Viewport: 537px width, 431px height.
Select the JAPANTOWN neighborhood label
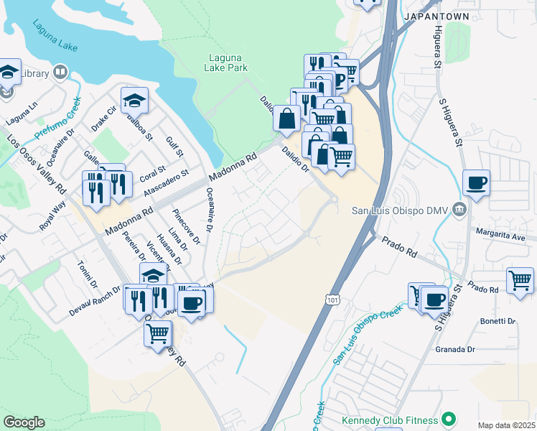point(436,16)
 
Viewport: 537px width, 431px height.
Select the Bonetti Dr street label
point(496,321)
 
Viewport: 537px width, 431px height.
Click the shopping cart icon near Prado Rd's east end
point(520,279)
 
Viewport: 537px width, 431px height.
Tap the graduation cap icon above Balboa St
point(134,99)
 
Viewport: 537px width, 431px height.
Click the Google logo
point(24,422)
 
